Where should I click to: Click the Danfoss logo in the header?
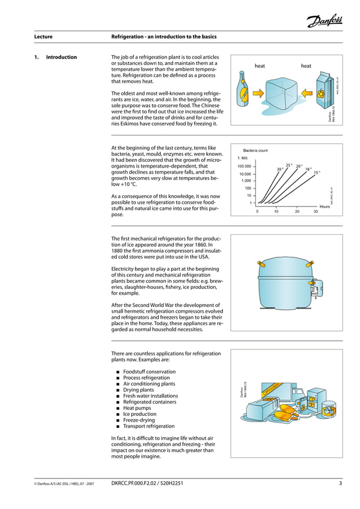point(324,21)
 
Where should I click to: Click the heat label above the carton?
point(306,66)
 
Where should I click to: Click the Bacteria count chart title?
point(254,151)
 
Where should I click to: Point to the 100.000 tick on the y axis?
point(244,166)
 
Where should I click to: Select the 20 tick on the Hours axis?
point(297,212)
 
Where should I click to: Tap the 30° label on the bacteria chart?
point(279,169)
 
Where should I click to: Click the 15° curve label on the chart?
point(317,173)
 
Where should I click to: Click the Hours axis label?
point(324,207)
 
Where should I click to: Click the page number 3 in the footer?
point(340,483)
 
